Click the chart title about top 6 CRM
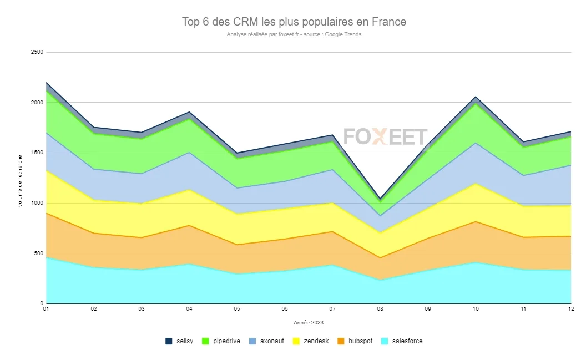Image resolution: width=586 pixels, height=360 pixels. [x=294, y=22]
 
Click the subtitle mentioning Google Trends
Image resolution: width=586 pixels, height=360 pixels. [x=294, y=34]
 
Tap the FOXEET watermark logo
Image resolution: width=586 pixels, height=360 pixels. [x=386, y=136]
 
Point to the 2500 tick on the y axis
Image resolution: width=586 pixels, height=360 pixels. [x=37, y=52]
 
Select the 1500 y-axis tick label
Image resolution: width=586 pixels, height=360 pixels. [x=37, y=153]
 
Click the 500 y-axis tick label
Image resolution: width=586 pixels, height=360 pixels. [x=38, y=253]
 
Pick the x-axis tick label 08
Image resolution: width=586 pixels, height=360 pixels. [x=380, y=308]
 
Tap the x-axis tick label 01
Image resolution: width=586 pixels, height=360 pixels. [x=47, y=308]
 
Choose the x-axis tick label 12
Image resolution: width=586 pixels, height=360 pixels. [x=571, y=308]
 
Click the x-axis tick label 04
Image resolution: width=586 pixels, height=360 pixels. [x=189, y=308]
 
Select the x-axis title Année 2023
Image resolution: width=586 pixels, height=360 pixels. [x=309, y=323]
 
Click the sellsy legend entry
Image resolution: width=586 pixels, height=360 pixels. [x=180, y=341]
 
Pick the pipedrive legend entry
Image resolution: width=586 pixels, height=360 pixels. [x=221, y=341]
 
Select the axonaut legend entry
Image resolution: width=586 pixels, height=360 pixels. [x=266, y=341]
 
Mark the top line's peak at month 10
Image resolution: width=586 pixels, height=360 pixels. [x=476, y=97]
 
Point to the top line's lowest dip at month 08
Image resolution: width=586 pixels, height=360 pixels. [x=380, y=199]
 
